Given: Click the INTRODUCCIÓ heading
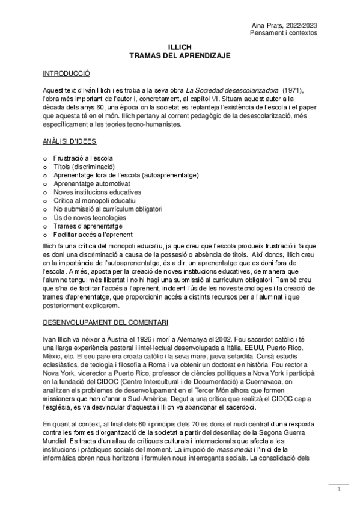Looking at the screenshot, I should coord(66,73).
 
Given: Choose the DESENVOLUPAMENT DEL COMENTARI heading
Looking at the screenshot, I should coord(106,322).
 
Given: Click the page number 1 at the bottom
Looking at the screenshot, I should coord(338,490).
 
